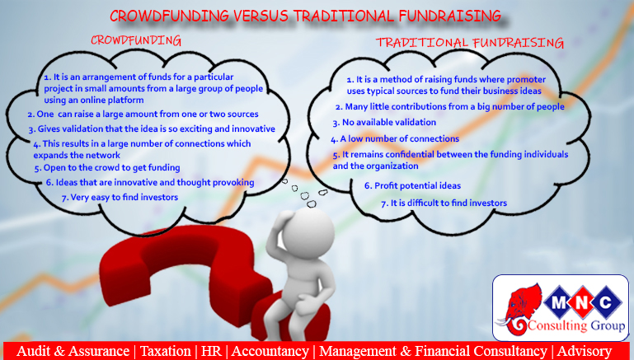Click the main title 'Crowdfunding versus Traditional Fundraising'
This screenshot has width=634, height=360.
tap(306, 16)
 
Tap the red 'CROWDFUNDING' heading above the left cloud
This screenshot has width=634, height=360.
tap(136, 40)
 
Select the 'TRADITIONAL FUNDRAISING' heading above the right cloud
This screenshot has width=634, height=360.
tap(470, 42)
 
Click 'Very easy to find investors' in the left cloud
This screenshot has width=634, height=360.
tap(120, 198)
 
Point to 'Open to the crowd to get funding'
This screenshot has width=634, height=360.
tap(107, 168)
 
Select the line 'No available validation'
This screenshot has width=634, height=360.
tap(384, 123)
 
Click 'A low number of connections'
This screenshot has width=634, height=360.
tap(395, 139)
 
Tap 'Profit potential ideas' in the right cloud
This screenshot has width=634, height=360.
tap(413, 186)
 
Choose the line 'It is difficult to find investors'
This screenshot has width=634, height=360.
tap(444, 203)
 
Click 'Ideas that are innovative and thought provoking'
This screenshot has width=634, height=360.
tap(150, 183)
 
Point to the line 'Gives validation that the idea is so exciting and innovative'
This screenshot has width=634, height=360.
tap(152, 129)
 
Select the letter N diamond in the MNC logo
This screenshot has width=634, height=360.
tap(582, 302)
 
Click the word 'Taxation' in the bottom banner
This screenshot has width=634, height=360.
tap(166, 351)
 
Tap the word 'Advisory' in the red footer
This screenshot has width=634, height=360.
tap(585, 351)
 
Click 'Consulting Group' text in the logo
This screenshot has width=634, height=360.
tap(576, 325)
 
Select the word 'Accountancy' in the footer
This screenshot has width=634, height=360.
tap(270, 351)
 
